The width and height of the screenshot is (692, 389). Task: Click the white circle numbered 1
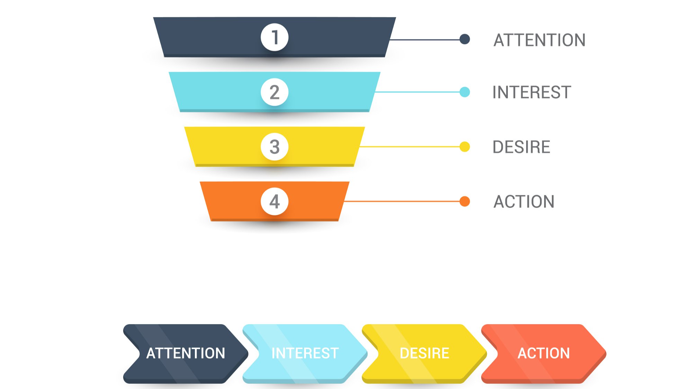coord(275,37)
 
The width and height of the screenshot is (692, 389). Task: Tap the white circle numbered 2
coord(275,92)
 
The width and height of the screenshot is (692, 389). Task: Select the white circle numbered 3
coord(275,147)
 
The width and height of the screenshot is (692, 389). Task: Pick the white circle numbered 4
coord(275,201)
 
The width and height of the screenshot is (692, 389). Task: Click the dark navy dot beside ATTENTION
coord(465,39)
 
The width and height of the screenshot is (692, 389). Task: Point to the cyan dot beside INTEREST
coord(465,92)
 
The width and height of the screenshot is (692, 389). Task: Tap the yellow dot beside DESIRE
coord(465,147)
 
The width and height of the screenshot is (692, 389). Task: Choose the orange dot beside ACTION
coord(465,201)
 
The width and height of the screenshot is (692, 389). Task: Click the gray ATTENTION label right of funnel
coord(539,40)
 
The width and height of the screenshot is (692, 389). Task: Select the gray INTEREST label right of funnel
coord(532,92)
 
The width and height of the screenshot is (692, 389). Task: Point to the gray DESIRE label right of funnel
coord(521,147)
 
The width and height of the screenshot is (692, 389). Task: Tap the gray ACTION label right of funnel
coord(524,202)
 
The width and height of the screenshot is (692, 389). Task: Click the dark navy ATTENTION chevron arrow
coord(186,353)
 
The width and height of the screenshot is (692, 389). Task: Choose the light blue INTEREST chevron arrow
coord(305,353)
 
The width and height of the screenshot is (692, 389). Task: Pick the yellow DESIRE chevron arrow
coord(424,353)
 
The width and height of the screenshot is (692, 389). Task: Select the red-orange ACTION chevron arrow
coord(543,353)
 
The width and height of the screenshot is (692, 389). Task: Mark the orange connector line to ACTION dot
coord(402,201)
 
